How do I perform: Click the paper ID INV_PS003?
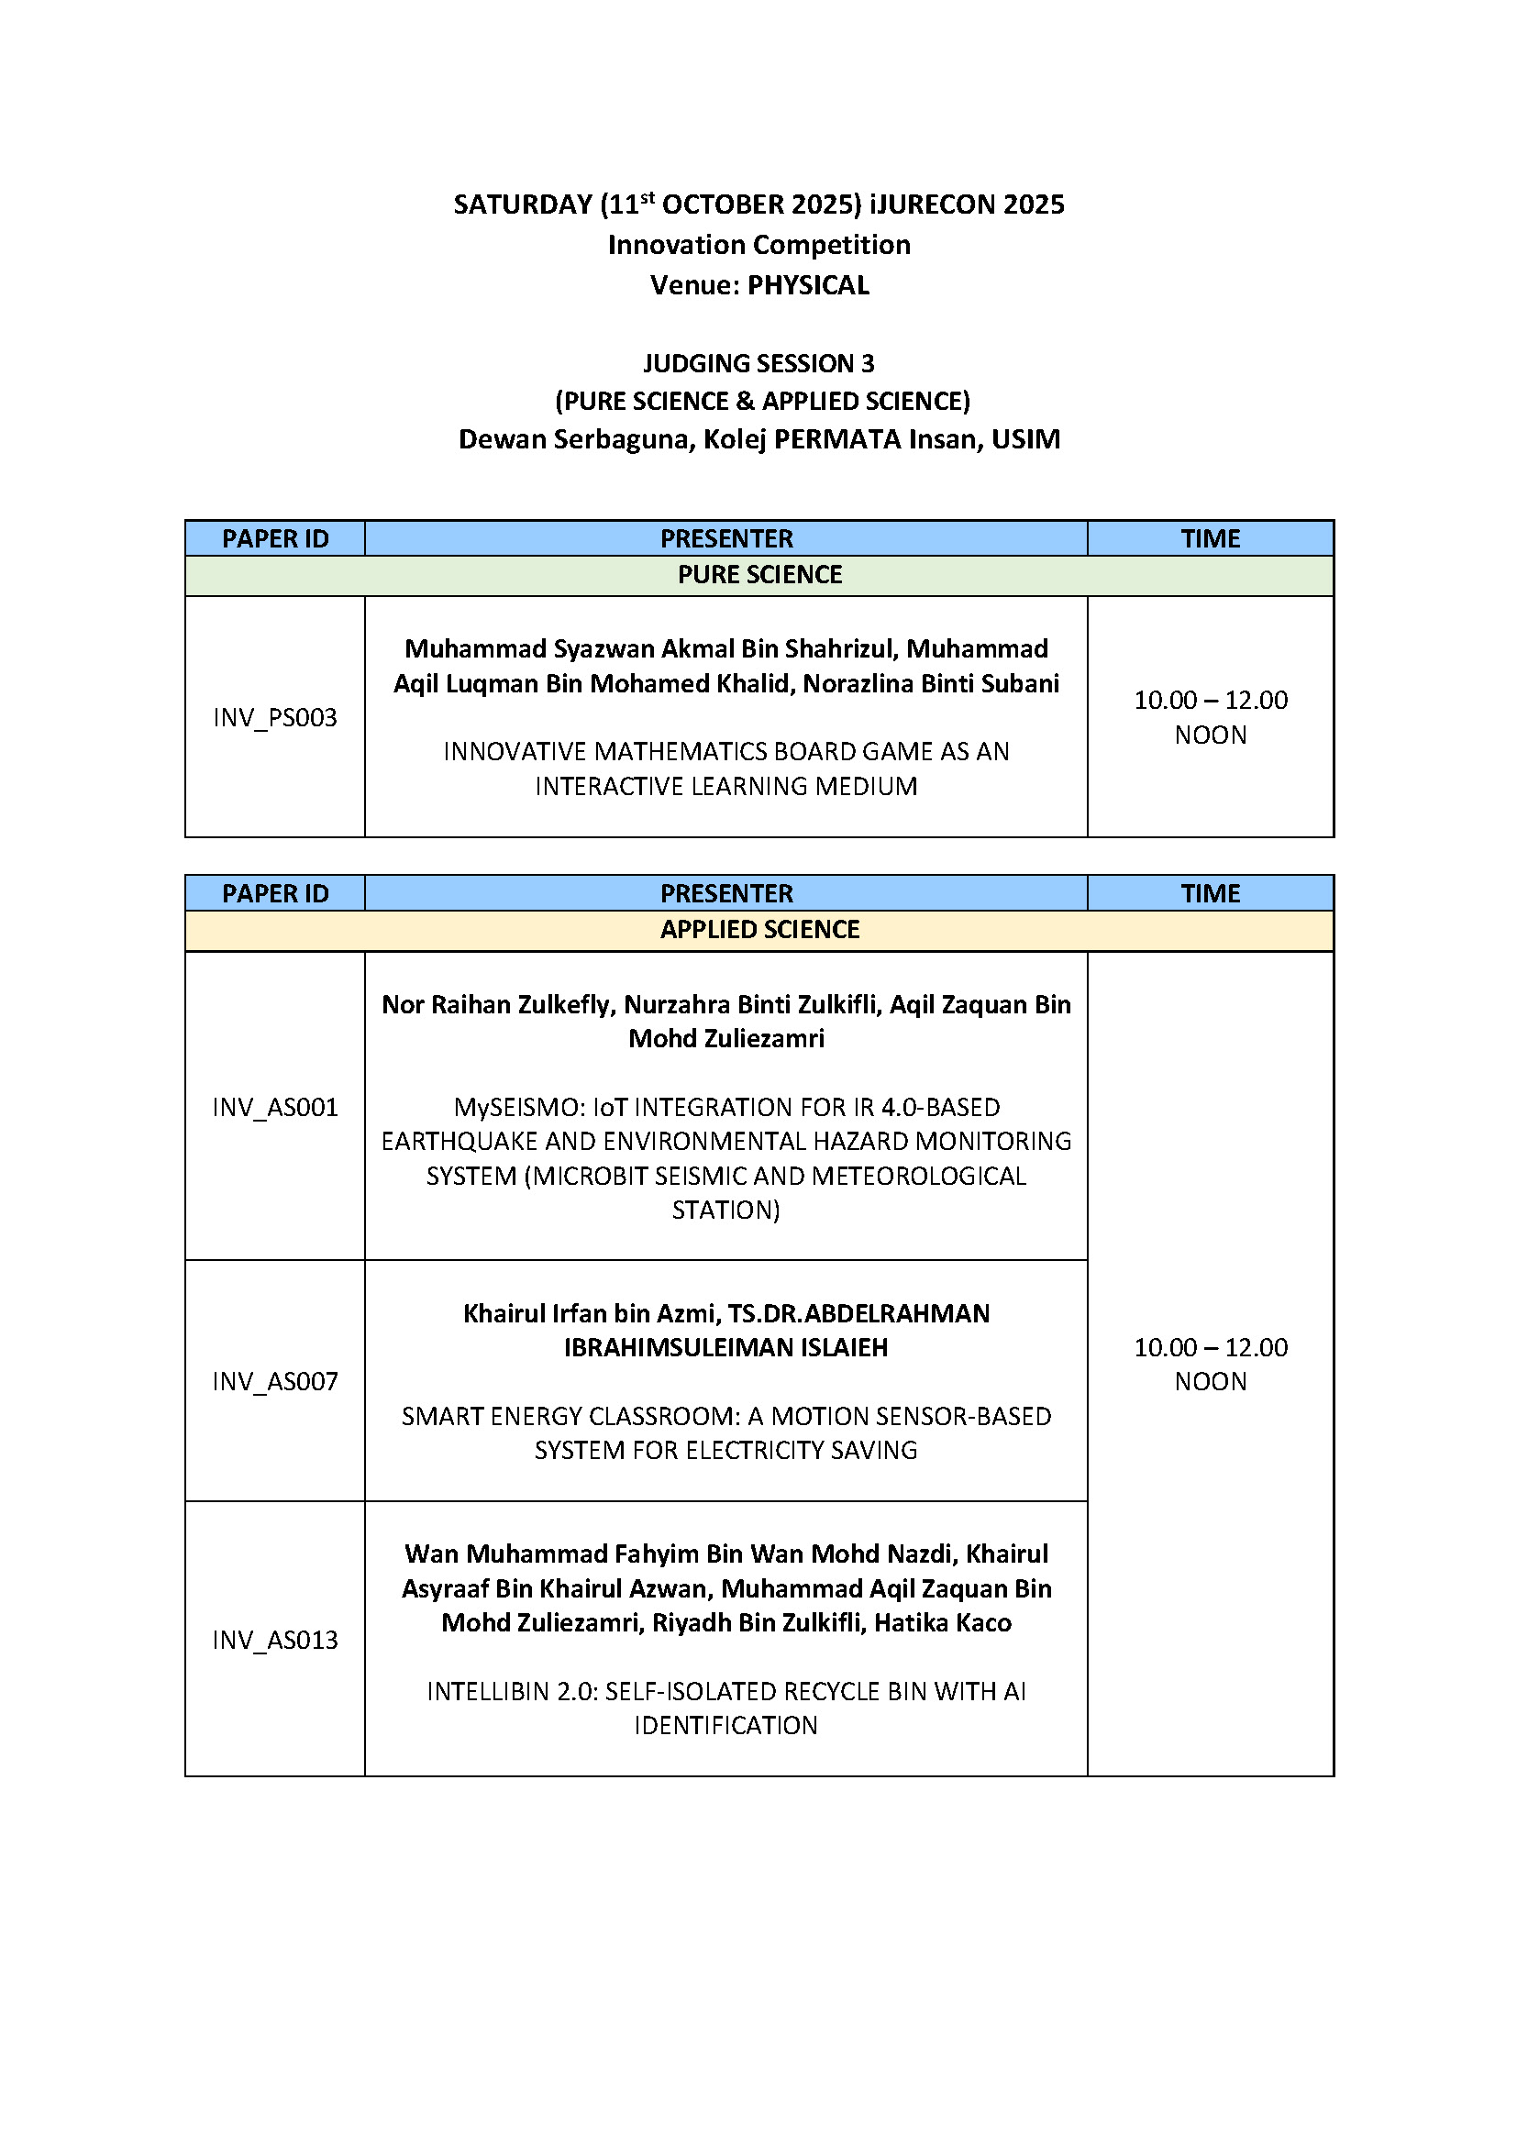pos(274,717)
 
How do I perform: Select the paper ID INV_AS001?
pos(274,1107)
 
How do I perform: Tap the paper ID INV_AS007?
pos(274,1381)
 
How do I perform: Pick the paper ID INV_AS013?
pos(274,1640)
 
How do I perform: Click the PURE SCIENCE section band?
pos(759,576)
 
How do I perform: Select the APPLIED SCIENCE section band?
pos(759,930)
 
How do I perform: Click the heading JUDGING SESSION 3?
pos(758,363)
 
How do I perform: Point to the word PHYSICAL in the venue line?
pos(808,285)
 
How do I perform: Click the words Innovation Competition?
pos(758,245)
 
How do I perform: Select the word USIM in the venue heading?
pos(1025,439)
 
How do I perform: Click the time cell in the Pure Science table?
pos(1210,716)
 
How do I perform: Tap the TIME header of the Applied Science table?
pos(1210,893)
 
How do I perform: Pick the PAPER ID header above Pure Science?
pos(274,539)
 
